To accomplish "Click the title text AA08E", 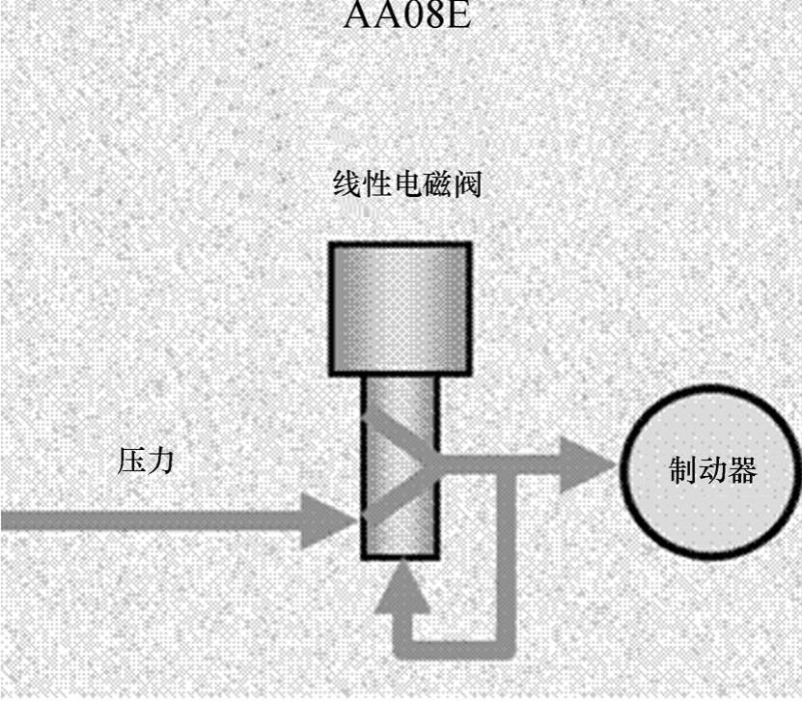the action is pos(406,15).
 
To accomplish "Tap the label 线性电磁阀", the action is pos(406,184).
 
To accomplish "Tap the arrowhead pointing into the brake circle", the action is pos(589,466).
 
